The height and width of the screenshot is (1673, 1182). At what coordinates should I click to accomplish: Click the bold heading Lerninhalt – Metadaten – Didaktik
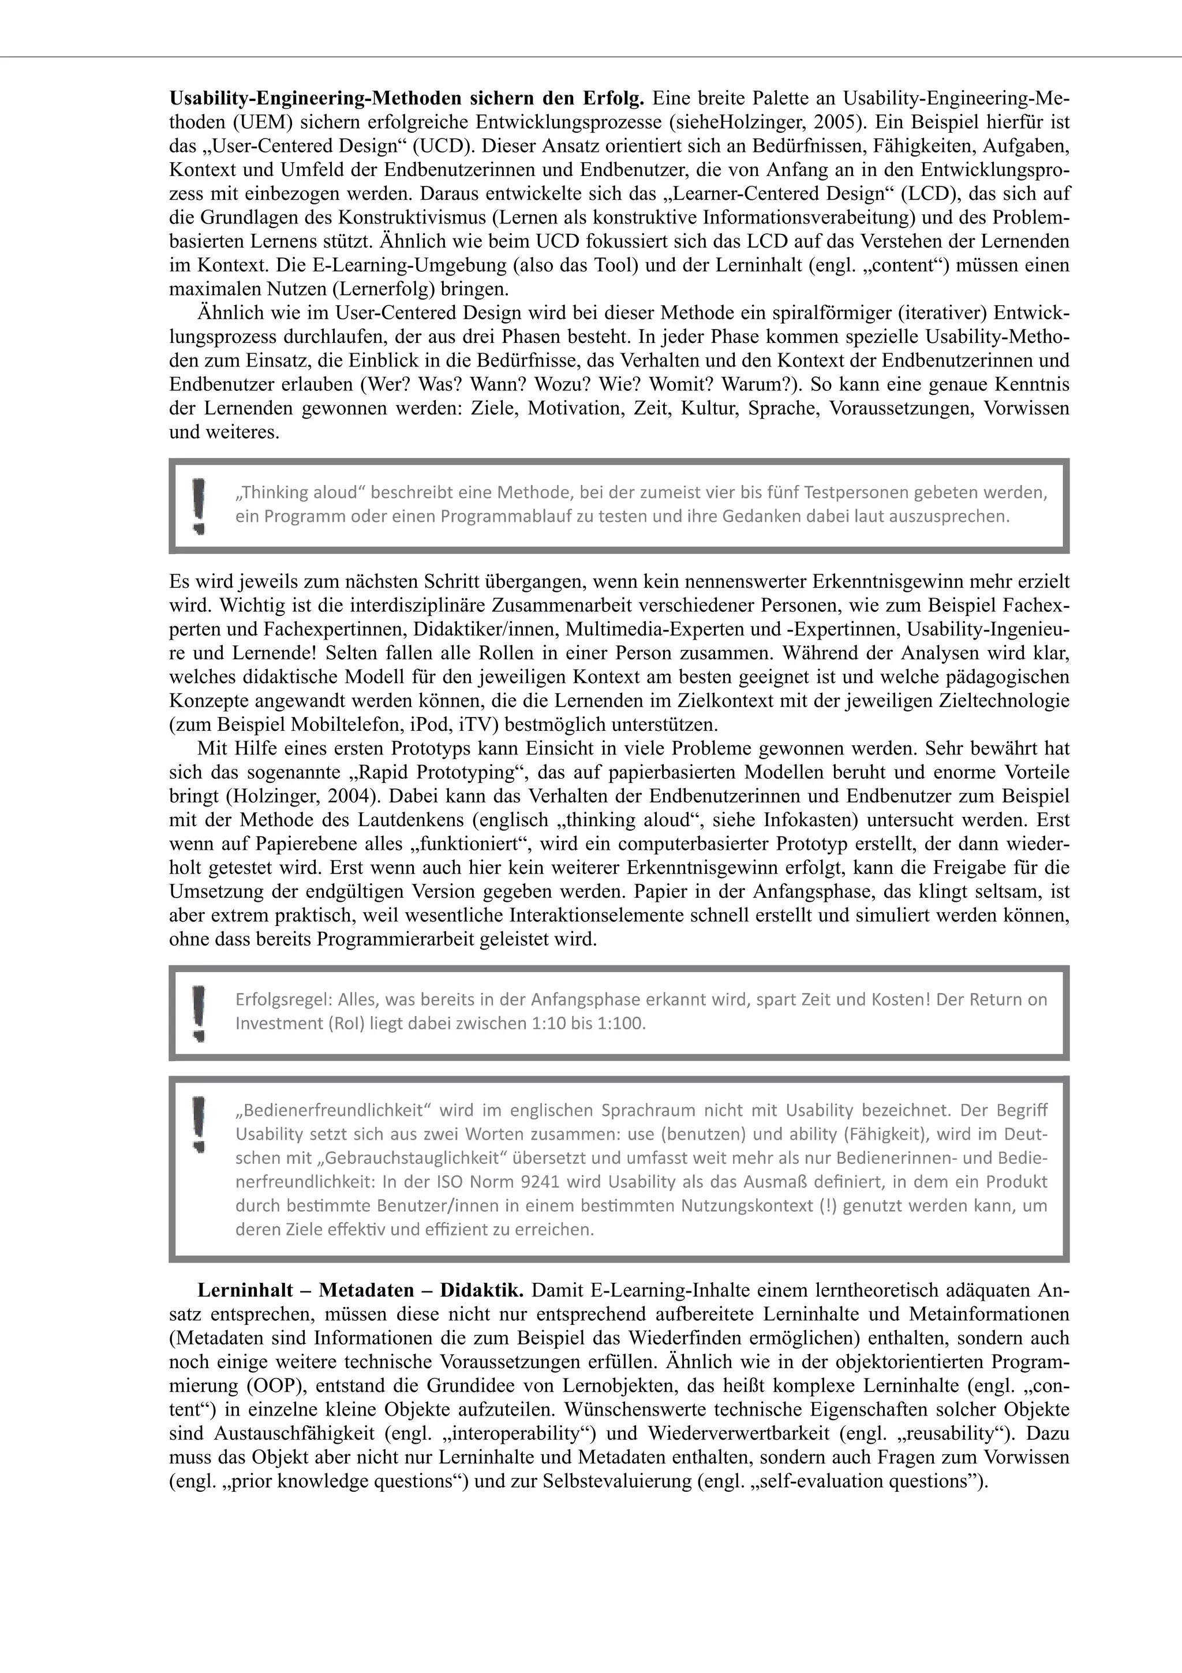361,1290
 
